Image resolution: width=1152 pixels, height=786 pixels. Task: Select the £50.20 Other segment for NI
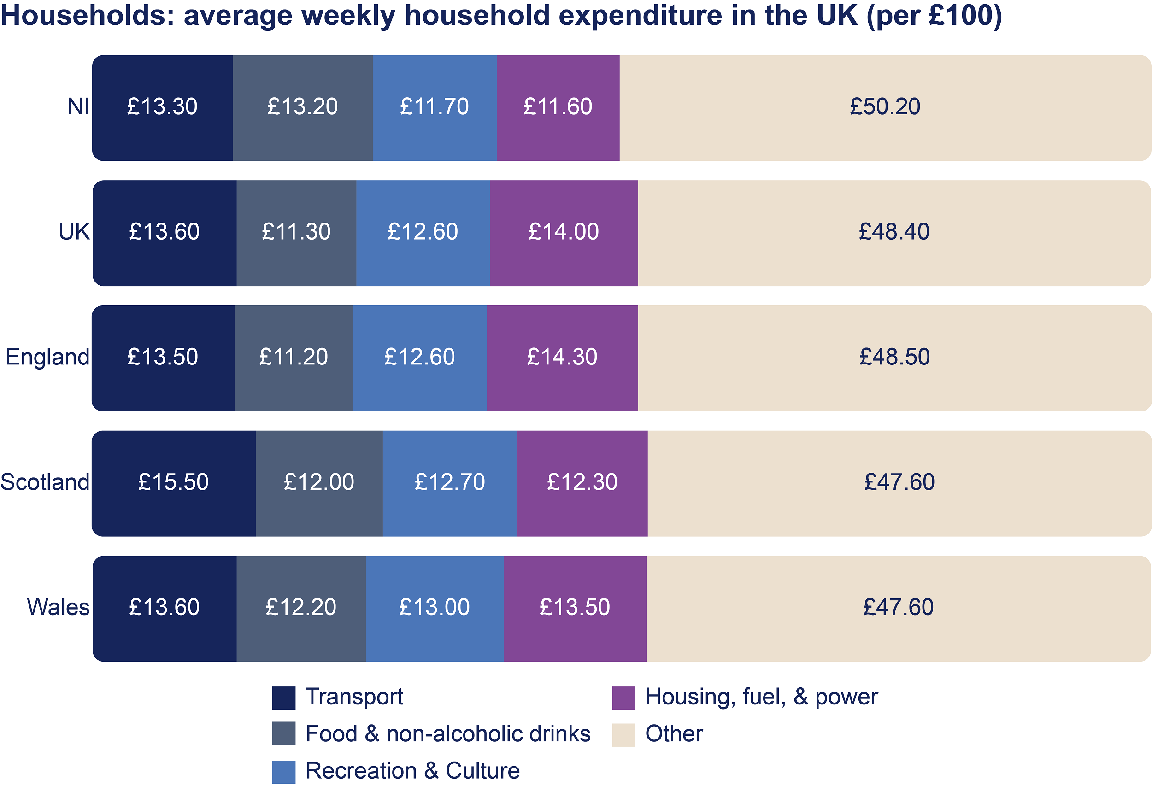(x=885, y=107)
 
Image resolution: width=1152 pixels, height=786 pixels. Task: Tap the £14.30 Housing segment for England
(x=562, y=358)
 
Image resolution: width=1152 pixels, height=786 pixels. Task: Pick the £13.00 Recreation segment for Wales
(x=434, y=608)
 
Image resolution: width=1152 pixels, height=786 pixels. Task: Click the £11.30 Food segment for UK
(x=296, y=232)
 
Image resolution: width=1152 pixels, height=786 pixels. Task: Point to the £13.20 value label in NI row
(x=302, y=107)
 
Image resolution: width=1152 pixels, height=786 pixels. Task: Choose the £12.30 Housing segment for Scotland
(x=582, y=483)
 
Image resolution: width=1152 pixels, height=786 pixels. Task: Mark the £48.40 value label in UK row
(x=894, y=232)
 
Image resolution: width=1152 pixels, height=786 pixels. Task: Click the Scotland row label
(x=45, y=482)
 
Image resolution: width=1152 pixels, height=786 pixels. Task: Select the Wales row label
(x=58, y=608)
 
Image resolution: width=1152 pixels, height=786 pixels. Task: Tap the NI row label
(x=78, y=107)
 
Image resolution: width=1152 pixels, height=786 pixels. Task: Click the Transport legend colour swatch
(x=283, y=698)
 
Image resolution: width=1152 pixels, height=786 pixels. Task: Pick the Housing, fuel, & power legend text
(x=761, y=697)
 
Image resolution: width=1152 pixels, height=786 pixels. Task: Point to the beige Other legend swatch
(x=623, y=734)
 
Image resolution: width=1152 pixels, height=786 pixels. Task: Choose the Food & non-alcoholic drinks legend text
(x=447, y=734)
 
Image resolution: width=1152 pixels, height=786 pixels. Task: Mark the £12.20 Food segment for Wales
(x=301, y=608)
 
